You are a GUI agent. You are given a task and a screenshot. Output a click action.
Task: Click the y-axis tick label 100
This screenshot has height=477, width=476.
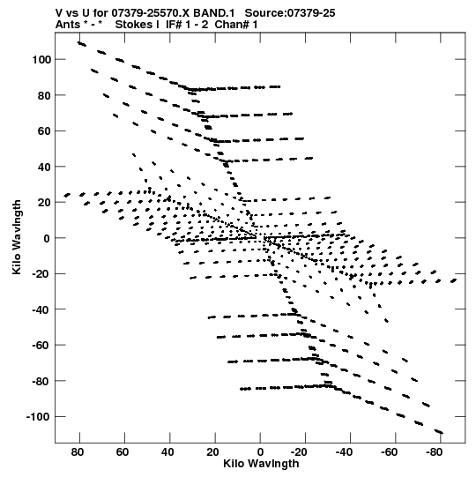point(41,60)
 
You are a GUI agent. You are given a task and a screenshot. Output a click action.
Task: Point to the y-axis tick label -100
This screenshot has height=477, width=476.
point(39,416)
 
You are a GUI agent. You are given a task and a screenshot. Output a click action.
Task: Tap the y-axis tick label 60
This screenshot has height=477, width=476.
point(44,131)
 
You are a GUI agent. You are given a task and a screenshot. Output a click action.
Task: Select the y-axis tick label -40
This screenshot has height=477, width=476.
point(41,309)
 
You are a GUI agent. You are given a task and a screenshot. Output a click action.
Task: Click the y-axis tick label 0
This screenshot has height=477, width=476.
point(47,238)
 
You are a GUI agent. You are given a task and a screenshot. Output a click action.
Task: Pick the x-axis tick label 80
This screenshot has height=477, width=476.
point(78,452)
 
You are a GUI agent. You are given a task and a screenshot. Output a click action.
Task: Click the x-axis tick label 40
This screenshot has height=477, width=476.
point(167,452)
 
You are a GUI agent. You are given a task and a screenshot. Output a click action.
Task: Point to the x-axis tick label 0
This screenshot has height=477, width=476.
point(260,452)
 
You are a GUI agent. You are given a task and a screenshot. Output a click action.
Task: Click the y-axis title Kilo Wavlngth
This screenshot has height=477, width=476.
point(17,237)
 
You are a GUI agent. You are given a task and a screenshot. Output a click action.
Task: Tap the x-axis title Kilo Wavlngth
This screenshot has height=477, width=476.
point(261,464)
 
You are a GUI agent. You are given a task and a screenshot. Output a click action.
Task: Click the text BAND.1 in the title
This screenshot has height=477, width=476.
point(214,13)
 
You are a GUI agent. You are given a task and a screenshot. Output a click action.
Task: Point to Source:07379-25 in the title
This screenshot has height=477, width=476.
point(290,13)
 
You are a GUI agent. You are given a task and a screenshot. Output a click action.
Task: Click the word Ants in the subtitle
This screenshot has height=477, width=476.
point(68,25)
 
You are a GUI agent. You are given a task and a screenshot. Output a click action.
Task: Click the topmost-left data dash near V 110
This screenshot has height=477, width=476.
point(81,44)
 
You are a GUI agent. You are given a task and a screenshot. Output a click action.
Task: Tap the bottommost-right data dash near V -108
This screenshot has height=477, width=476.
point(439,431)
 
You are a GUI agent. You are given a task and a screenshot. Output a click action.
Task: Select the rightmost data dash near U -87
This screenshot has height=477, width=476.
point(453,280)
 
